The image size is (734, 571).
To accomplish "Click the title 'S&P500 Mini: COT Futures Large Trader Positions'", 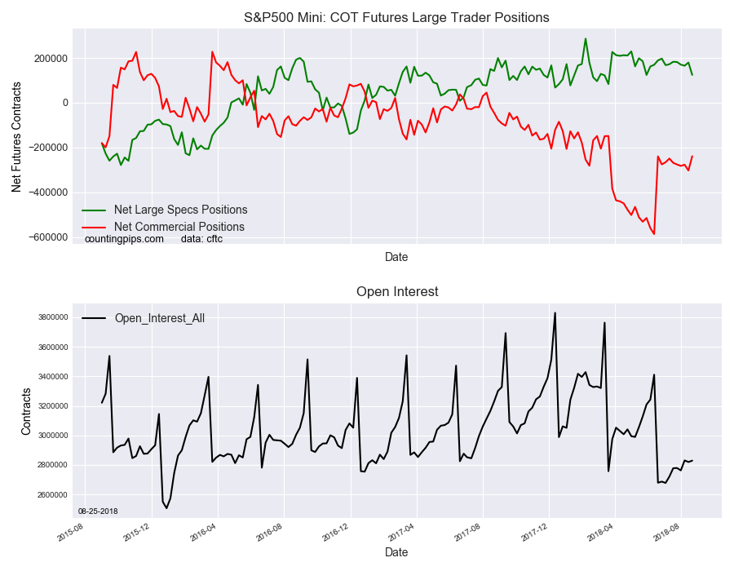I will coord(396,17).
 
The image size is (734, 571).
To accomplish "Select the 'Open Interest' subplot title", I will coord(396,291).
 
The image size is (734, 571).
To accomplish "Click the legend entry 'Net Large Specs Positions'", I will coord(180,210).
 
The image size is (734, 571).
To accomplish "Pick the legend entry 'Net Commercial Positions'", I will coord(179,227).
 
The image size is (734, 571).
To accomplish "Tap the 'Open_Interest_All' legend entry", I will coord(159,318).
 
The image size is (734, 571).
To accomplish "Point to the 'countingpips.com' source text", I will coord(124,239).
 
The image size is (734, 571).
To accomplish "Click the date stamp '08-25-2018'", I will coord(98,511).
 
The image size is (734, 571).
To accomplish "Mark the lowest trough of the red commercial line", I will coord(654,234).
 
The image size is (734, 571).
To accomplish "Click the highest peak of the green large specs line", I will coord(585,38).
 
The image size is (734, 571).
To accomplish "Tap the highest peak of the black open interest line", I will coord(555,312).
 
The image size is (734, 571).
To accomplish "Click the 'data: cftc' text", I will coord(201,239).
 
